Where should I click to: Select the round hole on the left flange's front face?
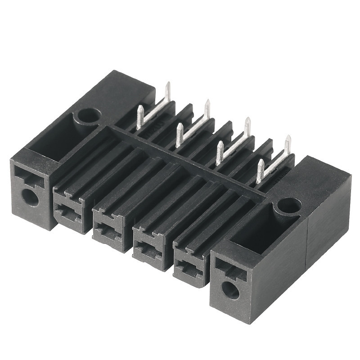pyautogui.click(x=30, y=197)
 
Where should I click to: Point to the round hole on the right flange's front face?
pyautogui.click(x=230, y=290)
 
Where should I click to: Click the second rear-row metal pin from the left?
pyautogui.click(x=207, y=108)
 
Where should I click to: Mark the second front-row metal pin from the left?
pyautogui.click(x=179, y=135)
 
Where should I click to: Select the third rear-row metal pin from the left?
pyautogui.click(x=247, y=126)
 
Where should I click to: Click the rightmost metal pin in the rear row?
pyautogui.click(x=287, y=144)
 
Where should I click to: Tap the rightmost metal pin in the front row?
pyautogui.click(x=259, y=171)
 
